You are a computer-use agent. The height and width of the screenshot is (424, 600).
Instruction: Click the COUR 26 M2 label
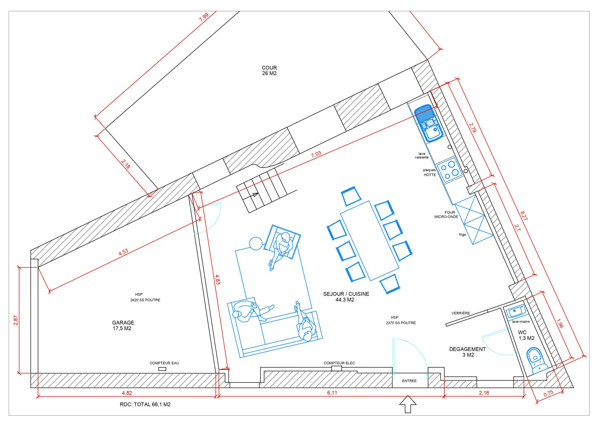point(269,71)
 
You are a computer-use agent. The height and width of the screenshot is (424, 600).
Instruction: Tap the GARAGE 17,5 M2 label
point(123,326)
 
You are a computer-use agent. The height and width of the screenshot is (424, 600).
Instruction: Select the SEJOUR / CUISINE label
point(346,294)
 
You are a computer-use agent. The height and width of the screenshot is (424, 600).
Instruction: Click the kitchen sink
point(428,123)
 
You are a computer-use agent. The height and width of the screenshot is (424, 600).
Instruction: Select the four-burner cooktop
point(450,170)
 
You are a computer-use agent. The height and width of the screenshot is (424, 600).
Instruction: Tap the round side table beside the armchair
point(256,244)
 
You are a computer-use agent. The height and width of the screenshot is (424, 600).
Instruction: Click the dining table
point(370,241)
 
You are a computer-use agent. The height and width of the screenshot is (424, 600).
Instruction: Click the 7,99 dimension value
point(204,17)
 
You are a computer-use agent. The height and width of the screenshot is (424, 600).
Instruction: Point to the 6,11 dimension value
point(332,393)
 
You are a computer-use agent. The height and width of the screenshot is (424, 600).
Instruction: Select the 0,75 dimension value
point(548,394)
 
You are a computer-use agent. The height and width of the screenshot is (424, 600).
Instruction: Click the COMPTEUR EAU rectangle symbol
point(162,369)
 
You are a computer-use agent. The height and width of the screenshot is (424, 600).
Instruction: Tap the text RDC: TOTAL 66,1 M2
point(145,404)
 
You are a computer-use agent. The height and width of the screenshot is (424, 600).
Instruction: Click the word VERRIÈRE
point(461,313)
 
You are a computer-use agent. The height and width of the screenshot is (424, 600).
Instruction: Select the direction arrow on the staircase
point(255,195)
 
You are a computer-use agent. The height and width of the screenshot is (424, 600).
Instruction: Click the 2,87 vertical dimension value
point(15,320)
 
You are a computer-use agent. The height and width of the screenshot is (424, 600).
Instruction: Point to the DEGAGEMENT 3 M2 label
point(467,352)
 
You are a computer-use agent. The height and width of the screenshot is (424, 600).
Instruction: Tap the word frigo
point(463,235)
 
